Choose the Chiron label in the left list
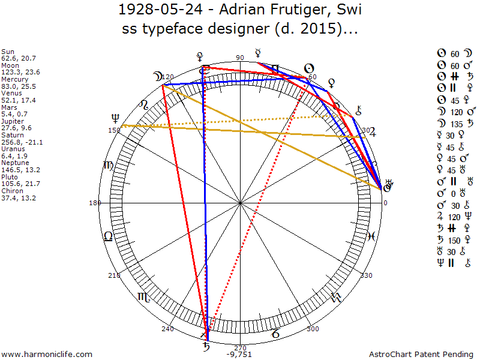[12, 191]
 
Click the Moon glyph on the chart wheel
[157, 77]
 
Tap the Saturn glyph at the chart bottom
[206, 346]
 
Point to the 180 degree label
[94, 203]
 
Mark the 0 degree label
[386, 203]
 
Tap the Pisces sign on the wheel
[372, 236]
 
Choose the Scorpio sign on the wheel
[145, 296]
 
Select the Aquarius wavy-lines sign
[336, 296]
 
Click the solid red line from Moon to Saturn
[184, 204]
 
